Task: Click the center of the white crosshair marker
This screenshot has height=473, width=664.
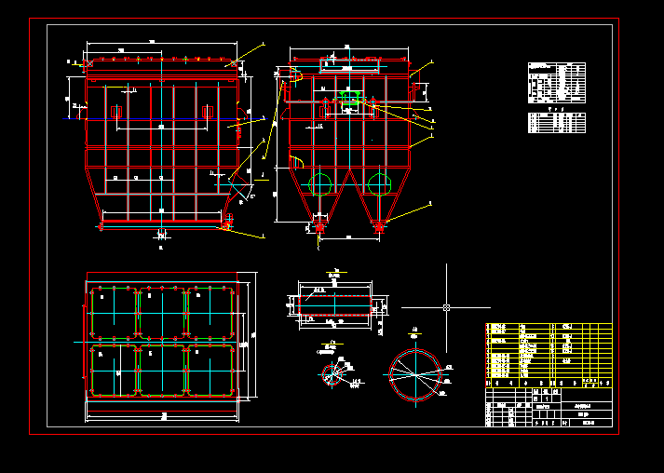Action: click(447, 306)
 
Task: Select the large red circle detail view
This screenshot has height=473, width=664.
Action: click(413, 374)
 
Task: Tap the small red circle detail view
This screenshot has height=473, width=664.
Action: click(332, 374)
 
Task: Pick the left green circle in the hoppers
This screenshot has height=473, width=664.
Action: click(321, 182)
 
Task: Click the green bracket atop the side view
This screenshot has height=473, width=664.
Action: click(351, 95)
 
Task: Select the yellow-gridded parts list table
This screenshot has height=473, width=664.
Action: click(549, 354)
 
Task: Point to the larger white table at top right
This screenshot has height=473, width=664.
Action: click(557, 83)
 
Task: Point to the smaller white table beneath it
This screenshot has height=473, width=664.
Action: click(557, 122)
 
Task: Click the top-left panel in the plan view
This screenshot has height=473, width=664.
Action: click(113, 313)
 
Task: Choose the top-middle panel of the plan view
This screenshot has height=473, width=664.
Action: click(162, 313)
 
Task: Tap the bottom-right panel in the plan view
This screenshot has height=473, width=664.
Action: click(211, 371)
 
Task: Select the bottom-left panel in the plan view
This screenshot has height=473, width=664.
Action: click(113, 371)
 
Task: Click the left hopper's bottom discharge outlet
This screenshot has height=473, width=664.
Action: click(321, 224)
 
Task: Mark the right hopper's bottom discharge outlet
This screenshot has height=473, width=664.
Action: click(379, 224)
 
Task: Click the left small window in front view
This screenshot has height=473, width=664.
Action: click(117, 113)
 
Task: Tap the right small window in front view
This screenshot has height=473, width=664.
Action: click(209, 113)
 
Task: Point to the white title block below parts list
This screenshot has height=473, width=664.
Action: click(549, 406)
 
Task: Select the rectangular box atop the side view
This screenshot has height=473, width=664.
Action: click(350, 65)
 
